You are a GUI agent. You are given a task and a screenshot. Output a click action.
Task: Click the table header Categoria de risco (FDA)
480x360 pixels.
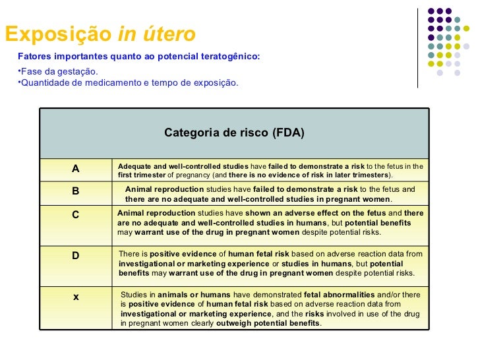tap(234, 133)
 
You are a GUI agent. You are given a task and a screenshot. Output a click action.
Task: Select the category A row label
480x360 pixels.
tap(76, 169)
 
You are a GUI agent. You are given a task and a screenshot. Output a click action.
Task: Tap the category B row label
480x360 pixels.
tap(76, 191)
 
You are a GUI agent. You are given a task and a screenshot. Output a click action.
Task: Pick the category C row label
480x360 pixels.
tap(76, 214)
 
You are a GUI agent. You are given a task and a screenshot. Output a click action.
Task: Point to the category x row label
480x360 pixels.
tap(76, 297)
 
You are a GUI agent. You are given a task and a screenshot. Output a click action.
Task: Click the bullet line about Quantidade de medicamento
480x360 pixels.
tap(128, 83)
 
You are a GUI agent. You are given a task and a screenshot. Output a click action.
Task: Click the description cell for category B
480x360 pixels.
tap(270, 194)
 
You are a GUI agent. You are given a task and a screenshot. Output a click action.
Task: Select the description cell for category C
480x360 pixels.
tap(270, 224)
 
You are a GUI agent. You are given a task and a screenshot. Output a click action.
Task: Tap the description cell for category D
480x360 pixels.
tap(270, 263)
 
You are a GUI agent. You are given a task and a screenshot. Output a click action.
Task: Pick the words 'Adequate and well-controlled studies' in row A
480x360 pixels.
tap(183, 166)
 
